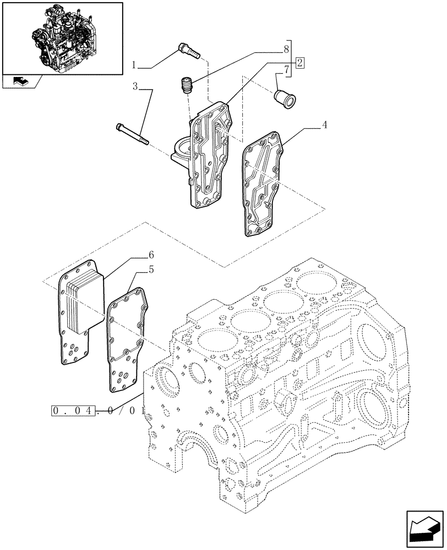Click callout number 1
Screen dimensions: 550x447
tap(134, 65)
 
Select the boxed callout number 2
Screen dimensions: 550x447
tap(299, 62)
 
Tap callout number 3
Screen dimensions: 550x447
tap(135, 86)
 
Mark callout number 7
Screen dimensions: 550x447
tap(286, 70)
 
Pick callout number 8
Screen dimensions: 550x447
tap(286, 48)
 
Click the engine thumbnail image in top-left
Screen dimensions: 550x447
tap(62, 37)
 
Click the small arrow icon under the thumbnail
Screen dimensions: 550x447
tap(19, 82)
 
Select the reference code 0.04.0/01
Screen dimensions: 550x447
tap(97, 411)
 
